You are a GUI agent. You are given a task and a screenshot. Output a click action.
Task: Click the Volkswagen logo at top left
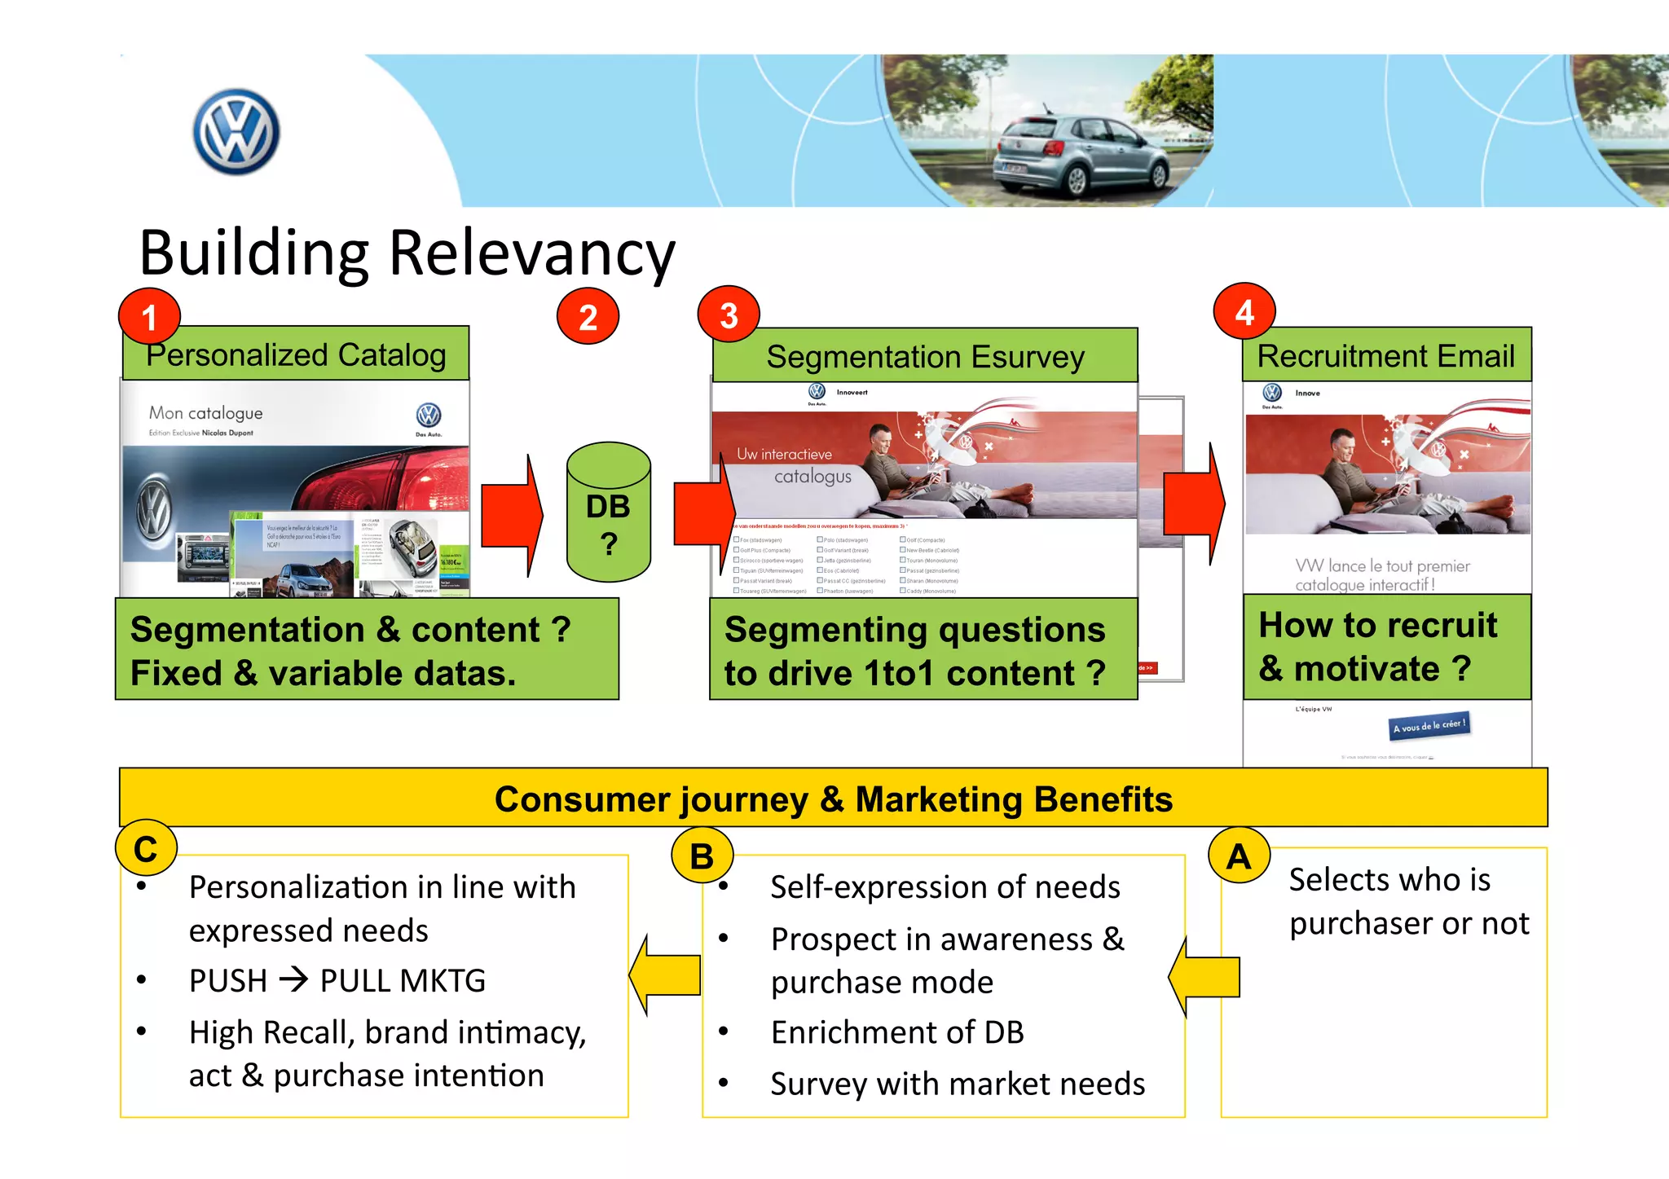(236, 132)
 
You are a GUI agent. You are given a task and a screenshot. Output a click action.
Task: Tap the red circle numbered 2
(588, 316)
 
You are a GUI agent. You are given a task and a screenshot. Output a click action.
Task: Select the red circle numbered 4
(1244, 311)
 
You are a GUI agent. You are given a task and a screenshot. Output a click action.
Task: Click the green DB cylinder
(608, 513)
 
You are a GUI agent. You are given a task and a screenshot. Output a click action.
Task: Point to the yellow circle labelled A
(1239, 856)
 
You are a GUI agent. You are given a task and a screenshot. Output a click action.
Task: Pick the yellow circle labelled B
(702, 856)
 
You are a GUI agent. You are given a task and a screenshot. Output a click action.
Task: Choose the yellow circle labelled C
(146, 849)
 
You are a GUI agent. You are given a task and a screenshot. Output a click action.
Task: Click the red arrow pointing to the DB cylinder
(512, 515)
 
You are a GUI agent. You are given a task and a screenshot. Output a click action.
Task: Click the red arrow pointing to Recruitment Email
(1194, 504)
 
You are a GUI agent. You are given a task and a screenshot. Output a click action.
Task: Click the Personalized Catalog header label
(296, 355)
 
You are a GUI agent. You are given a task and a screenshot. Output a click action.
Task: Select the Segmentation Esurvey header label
(925, 357)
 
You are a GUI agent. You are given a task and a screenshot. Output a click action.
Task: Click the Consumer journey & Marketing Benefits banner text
(833, 798)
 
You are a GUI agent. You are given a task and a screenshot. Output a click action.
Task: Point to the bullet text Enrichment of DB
(896, 1032)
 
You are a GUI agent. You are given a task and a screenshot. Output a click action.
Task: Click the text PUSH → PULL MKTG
(337, 980)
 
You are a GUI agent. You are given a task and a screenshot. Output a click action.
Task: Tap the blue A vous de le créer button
(1429, 725)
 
